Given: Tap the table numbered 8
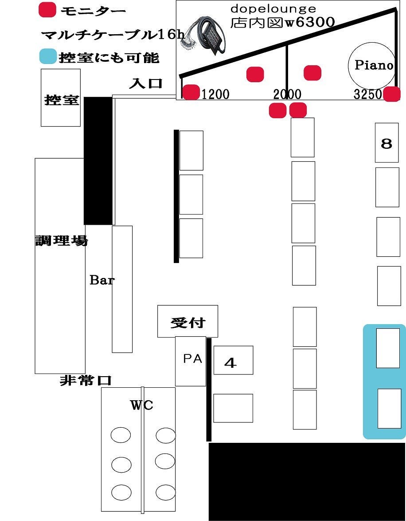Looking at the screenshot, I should click(386, 143).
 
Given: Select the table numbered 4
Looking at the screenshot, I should click(233, 360).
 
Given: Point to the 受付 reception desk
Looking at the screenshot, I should click(187, 321).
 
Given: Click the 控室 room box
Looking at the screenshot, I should click(61, 98).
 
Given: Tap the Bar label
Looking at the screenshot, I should click(101, 280).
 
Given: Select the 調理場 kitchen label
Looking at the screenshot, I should click(61, 241).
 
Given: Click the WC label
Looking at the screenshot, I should click(141, 405).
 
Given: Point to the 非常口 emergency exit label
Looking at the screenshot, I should click(86, 380).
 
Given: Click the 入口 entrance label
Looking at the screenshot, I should click(146, 83).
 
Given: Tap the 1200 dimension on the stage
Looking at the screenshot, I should click(216, 94).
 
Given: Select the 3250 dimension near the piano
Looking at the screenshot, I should click(367, 94).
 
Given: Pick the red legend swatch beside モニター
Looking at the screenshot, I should click(47, 10).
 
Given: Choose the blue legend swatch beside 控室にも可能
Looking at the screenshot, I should click(47, 57).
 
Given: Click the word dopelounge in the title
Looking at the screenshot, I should click(273, 9).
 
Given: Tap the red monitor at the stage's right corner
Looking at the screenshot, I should click(392, 94).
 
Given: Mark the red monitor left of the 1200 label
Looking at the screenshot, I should click(191, 92).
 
